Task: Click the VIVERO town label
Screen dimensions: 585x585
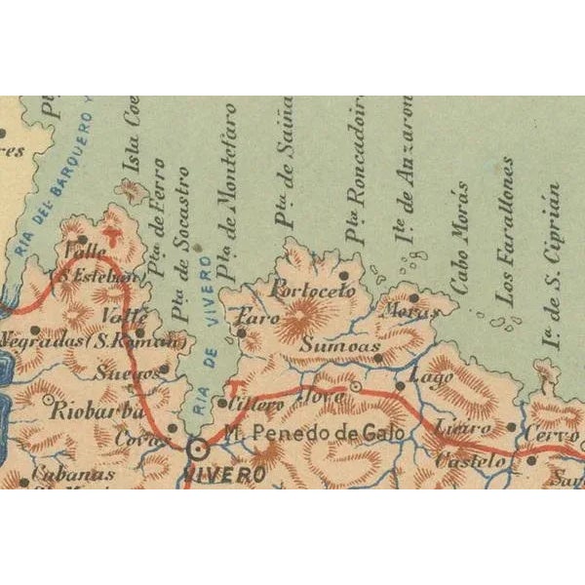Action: click(x=224, y=476)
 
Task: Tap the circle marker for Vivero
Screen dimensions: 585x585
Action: click(x=199, y=449)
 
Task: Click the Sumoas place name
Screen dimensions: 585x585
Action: click(x=334, y=346)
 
